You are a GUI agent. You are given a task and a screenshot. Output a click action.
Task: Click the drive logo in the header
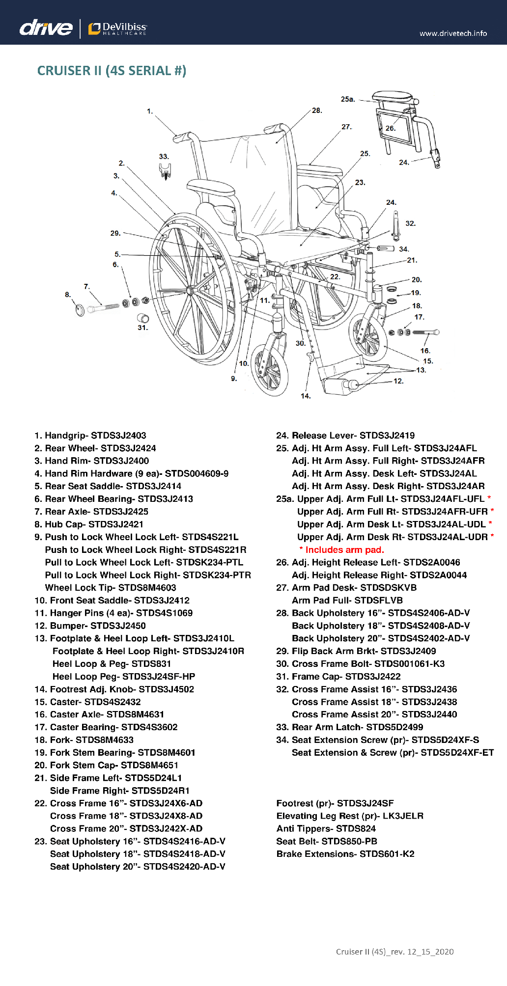[x=46, y=27]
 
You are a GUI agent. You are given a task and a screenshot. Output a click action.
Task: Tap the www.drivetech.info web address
[x=453, y=33]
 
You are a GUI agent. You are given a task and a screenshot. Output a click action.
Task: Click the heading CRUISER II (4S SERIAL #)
[x=112, y=71]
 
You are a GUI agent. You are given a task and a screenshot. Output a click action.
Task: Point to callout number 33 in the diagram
[x=164, y=157]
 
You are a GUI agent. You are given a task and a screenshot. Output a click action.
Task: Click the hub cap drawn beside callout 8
[x=80, y=310]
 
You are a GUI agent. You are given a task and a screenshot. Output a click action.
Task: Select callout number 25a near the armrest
[x=347, y=99]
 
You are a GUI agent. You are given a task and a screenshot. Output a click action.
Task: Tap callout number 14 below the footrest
[x=306, y=396]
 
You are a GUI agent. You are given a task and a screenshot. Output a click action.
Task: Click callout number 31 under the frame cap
[x=142, y=328]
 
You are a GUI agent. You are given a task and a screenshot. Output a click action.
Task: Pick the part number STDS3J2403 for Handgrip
[x=118, y=436]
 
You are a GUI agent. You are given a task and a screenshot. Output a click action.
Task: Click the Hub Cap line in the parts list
[x=89, y=524]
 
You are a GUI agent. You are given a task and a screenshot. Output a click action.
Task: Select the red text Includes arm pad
[x=342, y=550]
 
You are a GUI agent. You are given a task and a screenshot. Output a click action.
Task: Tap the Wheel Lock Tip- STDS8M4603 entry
[x=111, y=588]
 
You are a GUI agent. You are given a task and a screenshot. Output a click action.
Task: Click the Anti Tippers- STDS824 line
[x=326, y=829]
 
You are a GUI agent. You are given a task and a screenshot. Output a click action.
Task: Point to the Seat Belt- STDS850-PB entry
[x=327, y=842]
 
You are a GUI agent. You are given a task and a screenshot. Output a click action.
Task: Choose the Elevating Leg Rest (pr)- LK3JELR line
[x=350, y=816]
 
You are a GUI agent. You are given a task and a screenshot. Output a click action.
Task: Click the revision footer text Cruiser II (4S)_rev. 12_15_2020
[x=394, y=952]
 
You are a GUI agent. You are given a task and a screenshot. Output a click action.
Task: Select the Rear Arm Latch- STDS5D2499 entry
[x=349, y=727]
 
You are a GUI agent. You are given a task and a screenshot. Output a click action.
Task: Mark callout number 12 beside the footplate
[x=398, y=381]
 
